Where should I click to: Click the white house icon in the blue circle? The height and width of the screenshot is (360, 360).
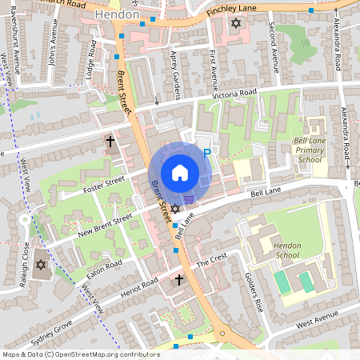[x=180, y=172]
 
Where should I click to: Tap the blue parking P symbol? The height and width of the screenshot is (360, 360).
[x=207, y=153]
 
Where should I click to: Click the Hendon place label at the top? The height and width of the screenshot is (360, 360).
[x=116, y=15]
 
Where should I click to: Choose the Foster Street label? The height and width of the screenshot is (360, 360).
[x=104, y=186]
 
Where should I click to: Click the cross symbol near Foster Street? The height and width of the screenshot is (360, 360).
[x=110, y=142]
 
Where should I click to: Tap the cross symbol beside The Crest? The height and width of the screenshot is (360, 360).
[x=179, y=280]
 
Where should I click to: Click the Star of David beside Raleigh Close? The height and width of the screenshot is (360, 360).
[x=39, y=265]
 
